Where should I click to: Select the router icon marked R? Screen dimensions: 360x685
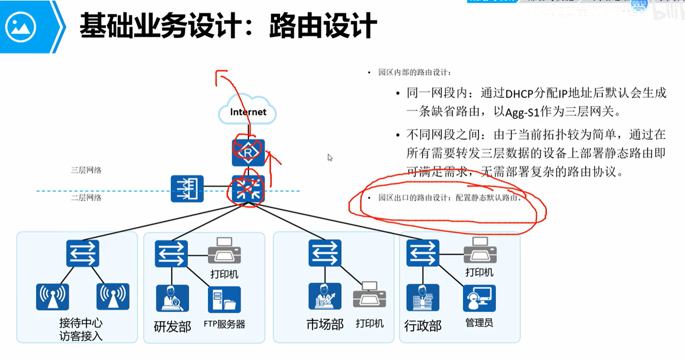click(x=248, y=153)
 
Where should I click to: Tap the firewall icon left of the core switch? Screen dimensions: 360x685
click(x=187, y=189)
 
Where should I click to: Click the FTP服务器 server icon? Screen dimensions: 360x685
click(x=224, y=300)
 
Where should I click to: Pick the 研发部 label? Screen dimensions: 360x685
click(x=172, y=326)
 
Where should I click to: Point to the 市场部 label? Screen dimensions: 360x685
click(x=325, y=324)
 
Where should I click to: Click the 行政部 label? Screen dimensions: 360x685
click(x=423, y=326)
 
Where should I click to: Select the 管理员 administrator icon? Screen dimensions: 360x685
click(x=479, y=298)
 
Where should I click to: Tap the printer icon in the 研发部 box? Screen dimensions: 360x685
click(x=224, y=251)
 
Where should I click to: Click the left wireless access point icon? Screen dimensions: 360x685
click(x=53, y=297)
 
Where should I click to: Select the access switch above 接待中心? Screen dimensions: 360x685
click(x=83, y=253)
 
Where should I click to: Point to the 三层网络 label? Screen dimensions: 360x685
click(x=86, y=170)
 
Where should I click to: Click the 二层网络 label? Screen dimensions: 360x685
click(x=86, y=198)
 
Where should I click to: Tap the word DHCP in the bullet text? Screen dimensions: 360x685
click(x=519, y=94)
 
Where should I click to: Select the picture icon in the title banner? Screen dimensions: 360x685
click(x=20, y=27)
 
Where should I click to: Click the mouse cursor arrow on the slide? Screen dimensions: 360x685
click(x=330, y=157)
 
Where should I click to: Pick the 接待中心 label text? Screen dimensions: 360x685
click(x=81, y=323)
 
